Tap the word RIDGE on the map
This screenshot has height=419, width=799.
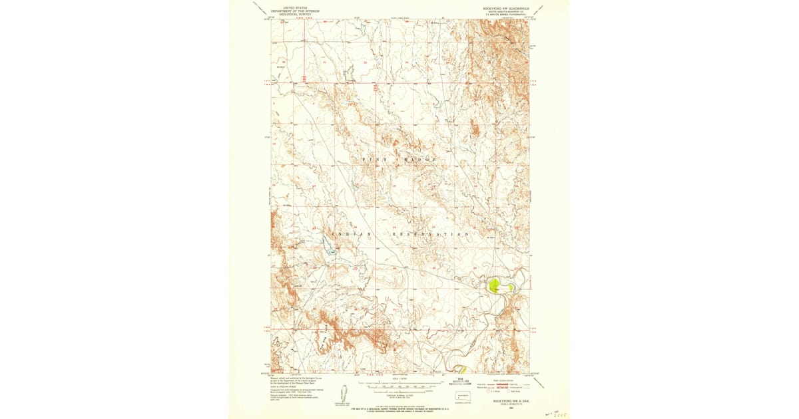point(419,160)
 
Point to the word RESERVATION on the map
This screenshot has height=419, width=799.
point(430,234)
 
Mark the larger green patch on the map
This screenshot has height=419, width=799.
point(494,286)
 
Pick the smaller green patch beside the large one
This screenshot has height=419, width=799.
point(511,287)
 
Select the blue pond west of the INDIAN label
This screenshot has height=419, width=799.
point(326,241)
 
